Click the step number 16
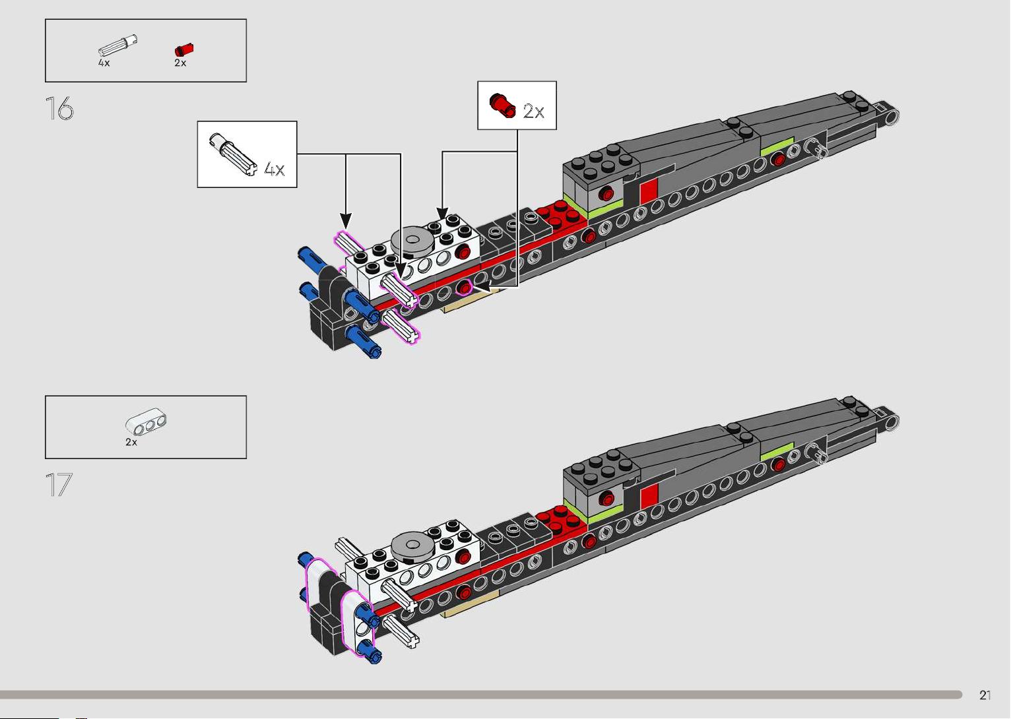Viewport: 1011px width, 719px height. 59,108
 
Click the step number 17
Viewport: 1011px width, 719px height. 59,485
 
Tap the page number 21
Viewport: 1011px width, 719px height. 985,695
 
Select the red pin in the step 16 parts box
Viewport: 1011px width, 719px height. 184,49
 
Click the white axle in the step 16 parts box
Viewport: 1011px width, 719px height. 117,46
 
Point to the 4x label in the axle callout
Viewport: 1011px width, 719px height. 275,170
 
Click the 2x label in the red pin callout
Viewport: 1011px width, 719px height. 533,111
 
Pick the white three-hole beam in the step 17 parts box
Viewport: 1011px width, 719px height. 146,422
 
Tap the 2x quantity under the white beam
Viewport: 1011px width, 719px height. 131,442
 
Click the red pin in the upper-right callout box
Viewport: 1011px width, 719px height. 502,106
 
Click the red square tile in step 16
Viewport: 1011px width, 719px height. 649,190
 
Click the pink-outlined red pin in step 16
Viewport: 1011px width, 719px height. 463,288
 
